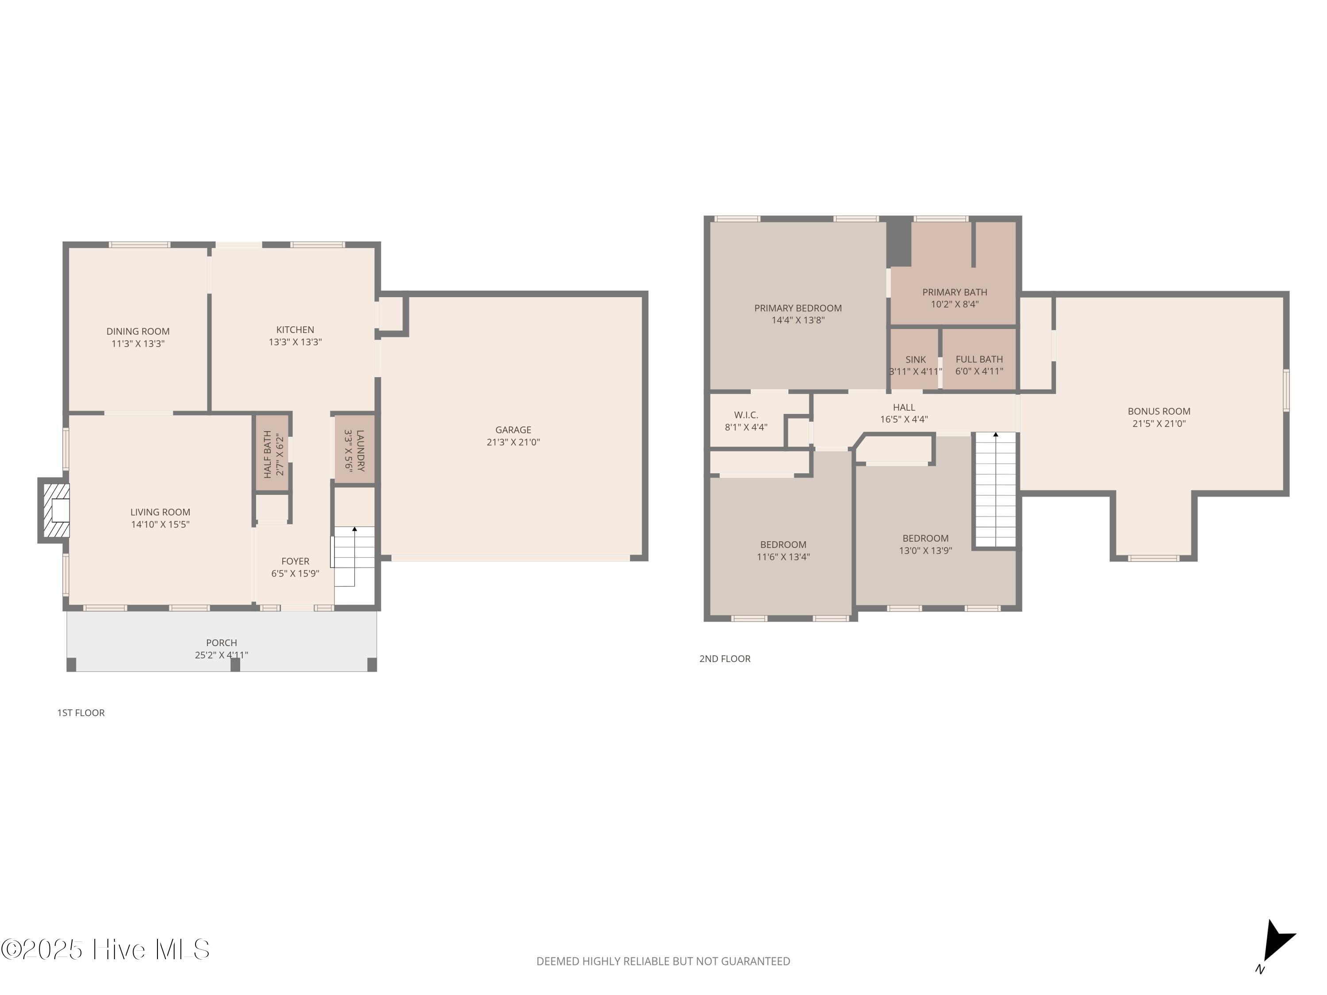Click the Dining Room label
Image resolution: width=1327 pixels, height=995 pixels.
click(x=138, y=331)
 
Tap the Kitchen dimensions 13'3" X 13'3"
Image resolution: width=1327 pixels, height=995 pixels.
click(x=295, y=342)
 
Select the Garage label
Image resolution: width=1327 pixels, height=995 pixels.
click(x=513, y=430)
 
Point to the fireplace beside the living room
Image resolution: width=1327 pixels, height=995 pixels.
click(x=54, y=510)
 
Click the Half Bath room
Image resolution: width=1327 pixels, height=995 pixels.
click(x=273, y=454)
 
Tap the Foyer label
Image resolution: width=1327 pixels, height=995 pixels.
click(x=295, y=561)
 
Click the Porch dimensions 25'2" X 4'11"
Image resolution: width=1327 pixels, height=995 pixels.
click(x=221, y=655)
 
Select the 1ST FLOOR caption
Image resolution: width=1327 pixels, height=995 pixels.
click(x=81, y=712)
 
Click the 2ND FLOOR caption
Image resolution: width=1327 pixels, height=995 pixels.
click(x=725, y=658)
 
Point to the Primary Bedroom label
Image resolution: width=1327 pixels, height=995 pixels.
click(x=798, y=308)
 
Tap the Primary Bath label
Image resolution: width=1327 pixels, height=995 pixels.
click(x=955, y=292)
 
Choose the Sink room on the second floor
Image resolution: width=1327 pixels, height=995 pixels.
click(x=914, y=359)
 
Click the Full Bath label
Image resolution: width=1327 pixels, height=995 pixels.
click(x=979, y=359)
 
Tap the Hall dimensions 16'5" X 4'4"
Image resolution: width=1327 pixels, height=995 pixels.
click(x=904, y=419)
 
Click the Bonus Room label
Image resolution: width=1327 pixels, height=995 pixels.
click(x=1159, y=411)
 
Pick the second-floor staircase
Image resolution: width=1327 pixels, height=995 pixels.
click(x=996, y=490)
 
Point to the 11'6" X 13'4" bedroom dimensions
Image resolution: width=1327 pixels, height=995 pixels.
click(x=783, y=557)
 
